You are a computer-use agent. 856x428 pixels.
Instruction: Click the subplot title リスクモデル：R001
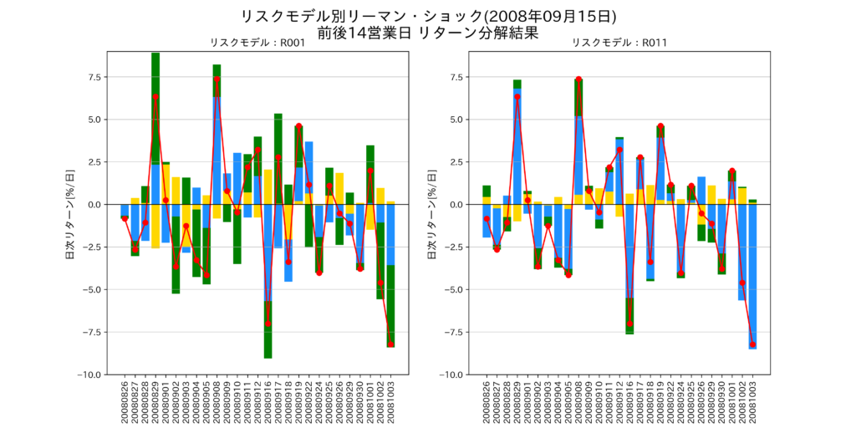click(x=257, y=43)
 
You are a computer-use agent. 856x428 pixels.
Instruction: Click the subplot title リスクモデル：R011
click(x=619, y=43)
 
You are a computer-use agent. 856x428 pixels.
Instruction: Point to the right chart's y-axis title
click(x=432, y=213)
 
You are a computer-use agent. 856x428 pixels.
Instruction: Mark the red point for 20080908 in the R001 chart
click(x=217, y=79)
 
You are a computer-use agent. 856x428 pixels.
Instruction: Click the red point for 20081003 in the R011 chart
click(x=752, y=344)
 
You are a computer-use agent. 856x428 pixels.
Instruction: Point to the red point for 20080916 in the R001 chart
click(x=267, y=324)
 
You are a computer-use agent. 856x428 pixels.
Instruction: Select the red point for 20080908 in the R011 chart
click(x=578, y=79)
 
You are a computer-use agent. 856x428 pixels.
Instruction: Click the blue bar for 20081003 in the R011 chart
click(x=752, y=276)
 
